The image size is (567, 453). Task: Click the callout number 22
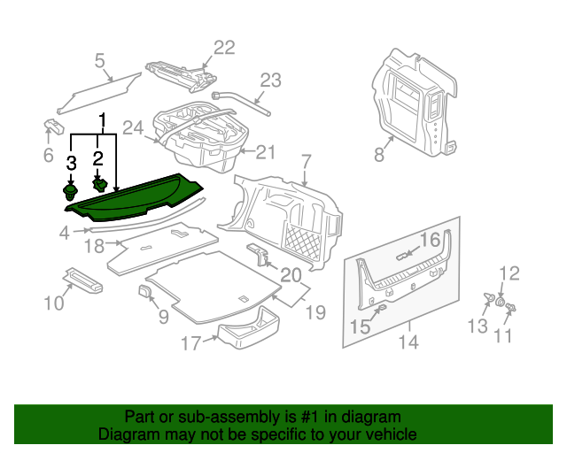224,48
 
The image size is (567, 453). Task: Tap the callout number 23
269,79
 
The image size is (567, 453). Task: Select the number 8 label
378,155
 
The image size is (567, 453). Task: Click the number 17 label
191,342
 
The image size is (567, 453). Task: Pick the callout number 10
53,303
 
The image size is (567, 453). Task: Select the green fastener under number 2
100,185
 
